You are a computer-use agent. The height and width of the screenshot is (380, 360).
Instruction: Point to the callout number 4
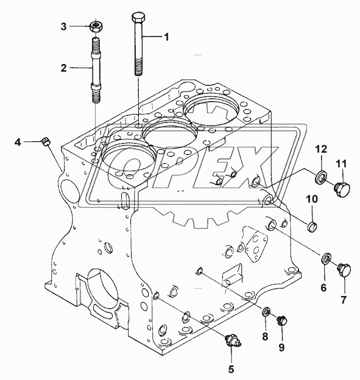[18, 142]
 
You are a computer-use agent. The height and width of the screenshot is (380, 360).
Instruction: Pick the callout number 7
[343, 299]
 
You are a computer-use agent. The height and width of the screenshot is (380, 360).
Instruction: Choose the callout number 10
[311, 199]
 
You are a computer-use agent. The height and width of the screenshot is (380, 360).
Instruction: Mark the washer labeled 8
[267, 312]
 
